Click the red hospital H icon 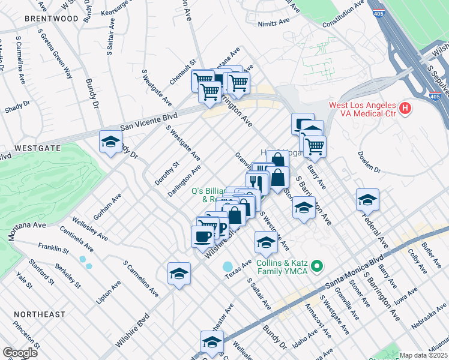coord(406,109)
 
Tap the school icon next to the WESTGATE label coord(110,142)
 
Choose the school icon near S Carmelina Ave coord(179,274)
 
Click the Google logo coord(20,353)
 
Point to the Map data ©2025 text coord(424,355)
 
